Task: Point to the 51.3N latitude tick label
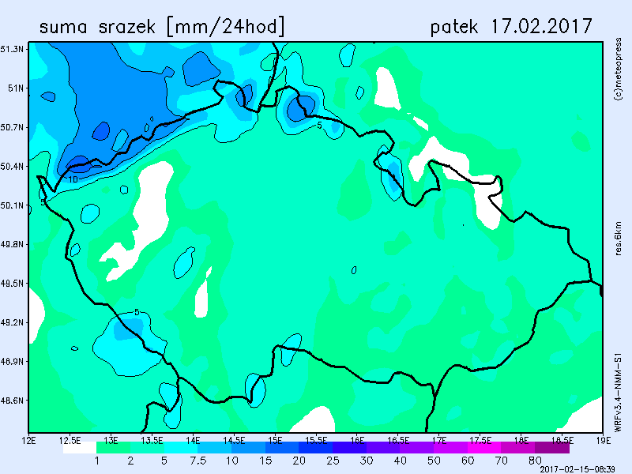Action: click(x=13, y=49)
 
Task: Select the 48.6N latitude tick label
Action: click(x=13, y=401)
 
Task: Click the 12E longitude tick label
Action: click(x=30, y=438)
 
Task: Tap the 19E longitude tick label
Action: click(x=603, y=438)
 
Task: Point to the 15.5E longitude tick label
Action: click(x=316, y=438)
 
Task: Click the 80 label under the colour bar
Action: click(x=536, y=460)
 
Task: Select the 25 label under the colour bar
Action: click(x=333, y=460)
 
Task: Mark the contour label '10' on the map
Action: click(x=73, y=180)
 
